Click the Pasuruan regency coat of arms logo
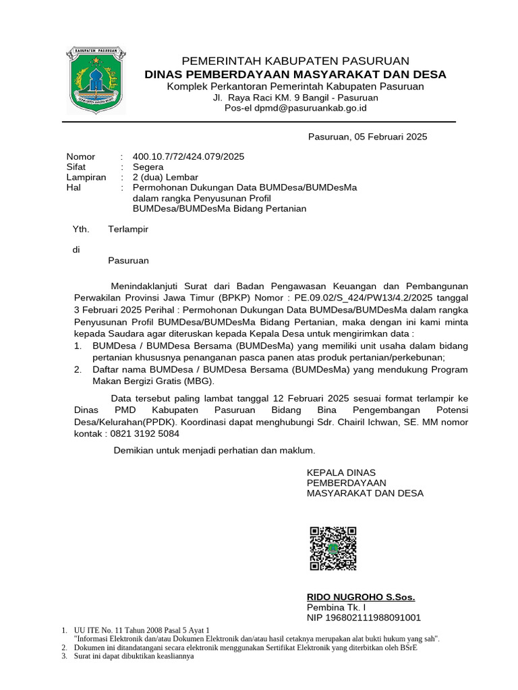coord(95,80)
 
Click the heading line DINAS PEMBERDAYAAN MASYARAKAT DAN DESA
coord(295,74)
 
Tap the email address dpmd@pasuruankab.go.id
coord(315,107)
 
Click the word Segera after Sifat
coord(148,167)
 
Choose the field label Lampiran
coord(86,177)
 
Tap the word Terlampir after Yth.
coord(128,229)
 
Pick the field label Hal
coord(74,188)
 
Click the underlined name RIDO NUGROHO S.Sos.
coord(361,597)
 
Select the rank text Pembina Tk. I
coord(336,607)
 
